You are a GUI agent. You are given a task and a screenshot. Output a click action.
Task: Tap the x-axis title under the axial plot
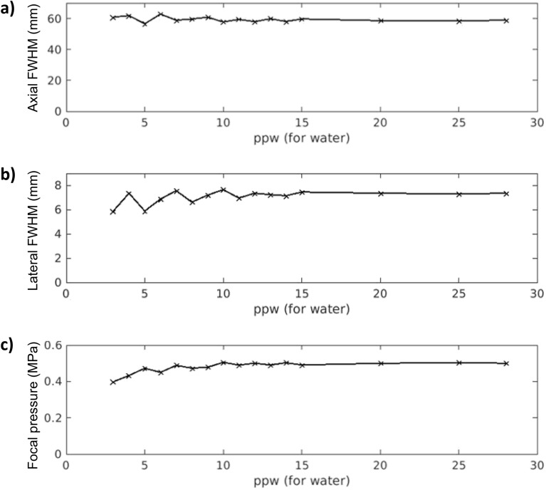click(x=301, y=138)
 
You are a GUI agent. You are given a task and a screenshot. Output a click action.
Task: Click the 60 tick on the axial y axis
click(x=53, y=18)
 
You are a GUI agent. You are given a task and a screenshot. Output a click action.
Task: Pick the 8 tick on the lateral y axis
click(x=57, y=186)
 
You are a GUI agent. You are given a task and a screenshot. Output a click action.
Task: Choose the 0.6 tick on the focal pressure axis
click(x=51, y=345)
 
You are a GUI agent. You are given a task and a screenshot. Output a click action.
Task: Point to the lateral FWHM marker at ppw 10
click(x=224, y=190)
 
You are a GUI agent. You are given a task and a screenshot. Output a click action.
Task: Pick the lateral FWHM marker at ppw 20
click(x=381, y=193)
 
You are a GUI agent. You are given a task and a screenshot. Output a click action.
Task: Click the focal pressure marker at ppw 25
click(x=459, y=363)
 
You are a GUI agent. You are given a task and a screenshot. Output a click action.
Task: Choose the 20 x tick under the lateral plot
click(x=380, y=296)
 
